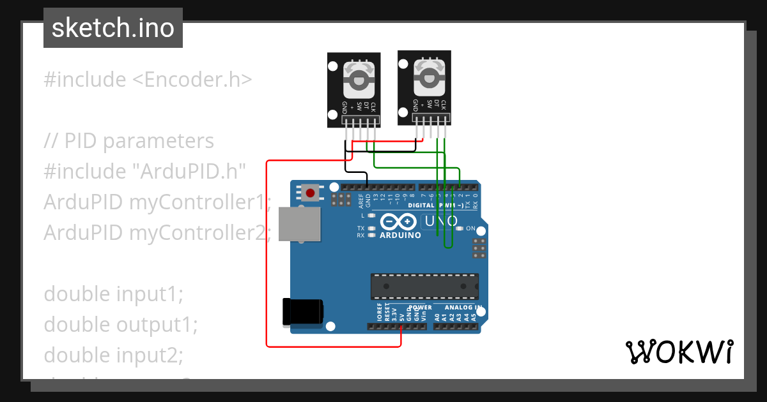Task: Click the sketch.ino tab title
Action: [113, 28]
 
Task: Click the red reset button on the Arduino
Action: [311, 192]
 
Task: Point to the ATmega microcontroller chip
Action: [424, 286]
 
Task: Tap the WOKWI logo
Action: [679, 352]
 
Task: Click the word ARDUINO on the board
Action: [400, 235]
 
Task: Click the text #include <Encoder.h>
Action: [148, 80]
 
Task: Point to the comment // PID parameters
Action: [128, 141]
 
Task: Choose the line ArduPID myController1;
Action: [158, 202]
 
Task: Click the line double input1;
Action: [113, 294]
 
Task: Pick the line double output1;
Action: [121, 325]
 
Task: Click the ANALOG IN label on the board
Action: [463, 308]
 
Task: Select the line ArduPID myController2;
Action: [158, 233]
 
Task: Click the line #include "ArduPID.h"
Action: [145, 172]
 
